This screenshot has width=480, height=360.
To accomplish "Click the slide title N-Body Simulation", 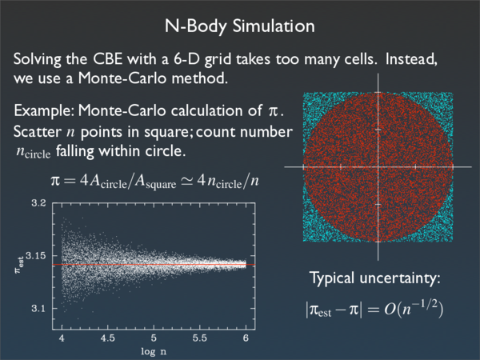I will tap(240, 26).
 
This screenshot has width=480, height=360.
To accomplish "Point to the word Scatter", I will tap(38, 130).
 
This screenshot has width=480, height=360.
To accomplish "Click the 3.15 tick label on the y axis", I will tap(37, 255).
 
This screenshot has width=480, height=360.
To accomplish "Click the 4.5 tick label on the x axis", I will tap(107, 339).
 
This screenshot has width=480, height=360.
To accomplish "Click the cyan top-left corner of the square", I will tap(310, 99).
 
